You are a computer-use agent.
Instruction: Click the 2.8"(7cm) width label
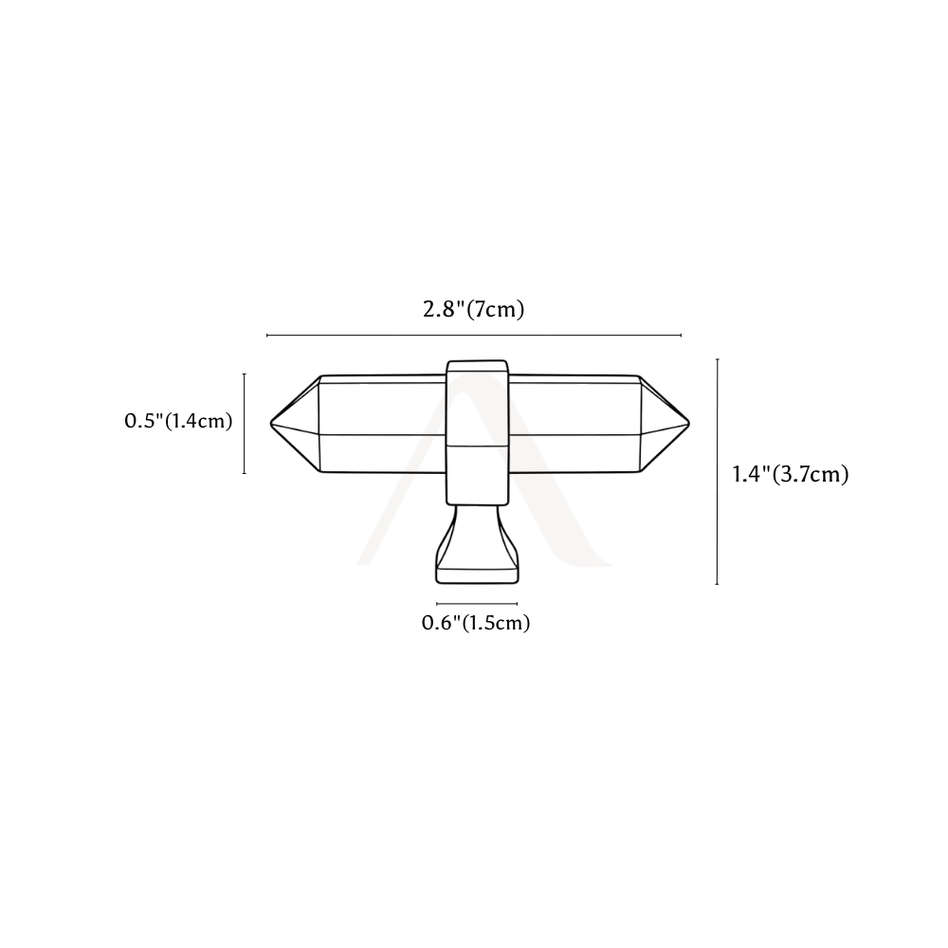(473, 310)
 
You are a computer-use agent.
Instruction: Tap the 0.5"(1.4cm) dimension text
(178, 421)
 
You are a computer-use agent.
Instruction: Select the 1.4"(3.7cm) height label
(791, 474)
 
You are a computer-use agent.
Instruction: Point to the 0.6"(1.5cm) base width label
(476, 623)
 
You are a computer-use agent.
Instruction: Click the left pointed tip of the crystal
(271, 423)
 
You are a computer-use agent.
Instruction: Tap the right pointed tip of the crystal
(688, 423)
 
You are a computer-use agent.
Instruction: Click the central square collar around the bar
(477, 432)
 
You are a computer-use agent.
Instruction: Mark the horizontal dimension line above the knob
(474, 335)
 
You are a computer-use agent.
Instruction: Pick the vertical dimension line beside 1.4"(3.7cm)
(717, 471)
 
